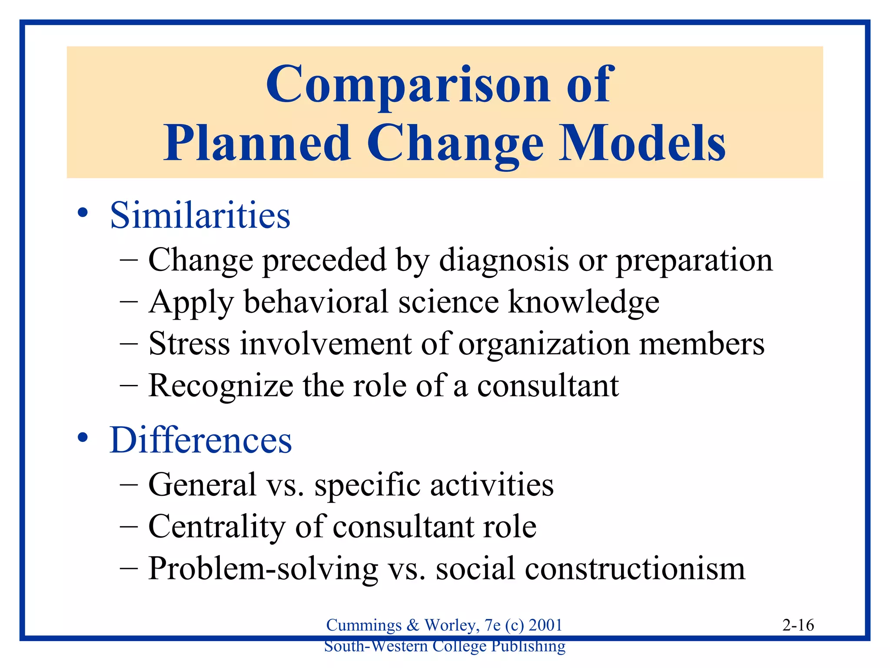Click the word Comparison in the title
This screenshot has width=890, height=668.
[x=408, y=85]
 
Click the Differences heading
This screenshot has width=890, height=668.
[x=200, y=440]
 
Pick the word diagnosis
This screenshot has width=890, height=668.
[x=504, y=261]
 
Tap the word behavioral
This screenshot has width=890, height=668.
[x=316, y=302]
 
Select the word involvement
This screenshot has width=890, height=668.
[x=325, y=344]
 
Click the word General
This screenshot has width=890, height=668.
[x=203, y=484]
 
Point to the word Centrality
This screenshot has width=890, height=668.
[x=217, y=527]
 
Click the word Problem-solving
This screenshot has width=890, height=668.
[x=263, y=569]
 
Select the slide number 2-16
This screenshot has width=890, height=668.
[x=798, y=625]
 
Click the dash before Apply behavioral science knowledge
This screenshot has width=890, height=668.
[x=129, y=302]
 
